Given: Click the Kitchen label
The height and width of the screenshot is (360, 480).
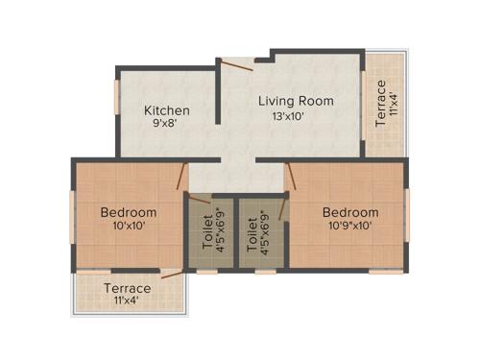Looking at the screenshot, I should pos(167,110).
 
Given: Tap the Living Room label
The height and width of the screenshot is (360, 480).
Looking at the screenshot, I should pos(296,101).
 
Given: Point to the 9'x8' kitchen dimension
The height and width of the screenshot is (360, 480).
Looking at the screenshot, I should pos(167,124).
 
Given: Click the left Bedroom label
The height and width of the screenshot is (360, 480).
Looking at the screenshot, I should pos(128,212).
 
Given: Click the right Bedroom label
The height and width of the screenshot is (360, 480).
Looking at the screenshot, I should pos(350,212).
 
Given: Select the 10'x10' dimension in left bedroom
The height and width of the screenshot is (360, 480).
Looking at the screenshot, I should pos(128,227).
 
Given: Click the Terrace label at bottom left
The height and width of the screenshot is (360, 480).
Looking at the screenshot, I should pos(128,288).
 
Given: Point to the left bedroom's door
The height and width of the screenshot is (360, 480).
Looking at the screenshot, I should pos(183,175).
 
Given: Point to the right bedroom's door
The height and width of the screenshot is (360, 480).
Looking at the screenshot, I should pos(292,175).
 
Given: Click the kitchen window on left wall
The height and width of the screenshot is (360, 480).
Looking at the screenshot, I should pos(117,96).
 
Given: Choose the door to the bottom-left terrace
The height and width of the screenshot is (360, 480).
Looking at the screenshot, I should pos(173,275).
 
